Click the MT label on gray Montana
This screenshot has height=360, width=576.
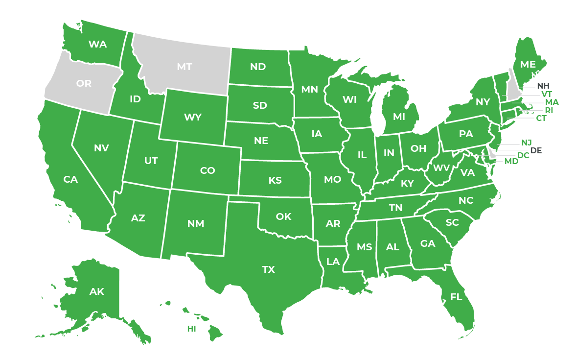pyautogui.click(x=184, y=67)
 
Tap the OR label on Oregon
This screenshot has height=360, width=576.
pyautogui.click(x=84, y=83)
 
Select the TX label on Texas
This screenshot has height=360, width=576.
pyautogui.click(x=269, y=269)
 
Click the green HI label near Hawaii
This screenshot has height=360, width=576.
pyautogui.click(x=191, y=329)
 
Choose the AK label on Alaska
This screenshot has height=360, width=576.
pyautogui.click(x=97, y=292)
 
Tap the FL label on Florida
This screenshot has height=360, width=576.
pyautogui.click(x=456, y=297)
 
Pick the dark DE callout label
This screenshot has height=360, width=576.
pyautogui.click(x=536, y=150)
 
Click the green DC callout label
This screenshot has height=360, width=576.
pyautogui.click(x=523, y=155)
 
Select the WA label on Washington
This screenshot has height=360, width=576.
pyautogui.click(x=98, y=44)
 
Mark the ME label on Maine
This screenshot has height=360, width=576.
pyautogui.click(x=528, y=64)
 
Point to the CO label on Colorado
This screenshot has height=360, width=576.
pyautogui.click(x=207, y=170)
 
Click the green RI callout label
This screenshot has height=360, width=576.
pyautogui.click(x=549, y=110)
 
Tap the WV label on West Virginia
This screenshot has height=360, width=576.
pyautogui.click(x=441, y=168)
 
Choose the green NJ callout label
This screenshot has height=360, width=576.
pyautogui.click(x=526, y=143)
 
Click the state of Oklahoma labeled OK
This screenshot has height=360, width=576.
pyautogui.click(x=283, y=216)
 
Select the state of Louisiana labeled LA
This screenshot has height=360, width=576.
pyautogui.click(x=333, y=262)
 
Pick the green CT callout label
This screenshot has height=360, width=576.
pyautogui.click(x=541, y=118)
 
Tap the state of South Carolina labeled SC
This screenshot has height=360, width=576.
pyautogui.click(x=452, y=222)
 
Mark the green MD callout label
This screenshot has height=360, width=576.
pyautogui.click(x=511, y=161)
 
